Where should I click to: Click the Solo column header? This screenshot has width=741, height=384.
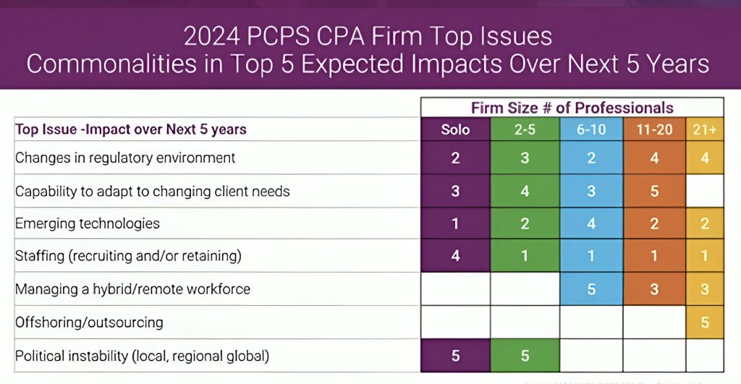[x=455, y=130]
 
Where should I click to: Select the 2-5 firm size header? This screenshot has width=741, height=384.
[x=525, y=130]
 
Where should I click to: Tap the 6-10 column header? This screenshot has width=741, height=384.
[x=591, y=130]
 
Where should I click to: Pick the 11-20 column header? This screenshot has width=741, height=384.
[x=654, y=130]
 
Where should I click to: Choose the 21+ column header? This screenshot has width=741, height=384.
[x=704, y=130]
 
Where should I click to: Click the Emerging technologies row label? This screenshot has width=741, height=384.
[x=88, y=223]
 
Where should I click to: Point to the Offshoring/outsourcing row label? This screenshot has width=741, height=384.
[x=89, y=323]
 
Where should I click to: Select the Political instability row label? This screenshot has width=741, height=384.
[x=142, y=356]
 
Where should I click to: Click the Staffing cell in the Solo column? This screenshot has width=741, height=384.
[x=455, y=256]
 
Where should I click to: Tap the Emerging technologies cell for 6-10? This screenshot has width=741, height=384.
[x=591, y=223]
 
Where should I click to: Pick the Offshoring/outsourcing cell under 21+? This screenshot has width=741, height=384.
[x=704, y=323]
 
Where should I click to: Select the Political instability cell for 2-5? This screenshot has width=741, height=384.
[x=525, y=356]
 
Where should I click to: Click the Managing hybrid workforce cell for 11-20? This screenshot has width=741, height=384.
[x=654, y=289]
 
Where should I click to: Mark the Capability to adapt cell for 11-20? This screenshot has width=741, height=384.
[x=654, y=192]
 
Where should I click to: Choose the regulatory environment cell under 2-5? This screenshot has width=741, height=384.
[x=525, y=158]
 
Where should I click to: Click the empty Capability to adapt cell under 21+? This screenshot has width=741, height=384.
[x=704, y=192]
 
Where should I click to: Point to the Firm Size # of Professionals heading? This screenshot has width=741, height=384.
[x=572, y=108]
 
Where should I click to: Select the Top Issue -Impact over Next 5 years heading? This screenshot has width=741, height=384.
[x=131, y=130]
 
